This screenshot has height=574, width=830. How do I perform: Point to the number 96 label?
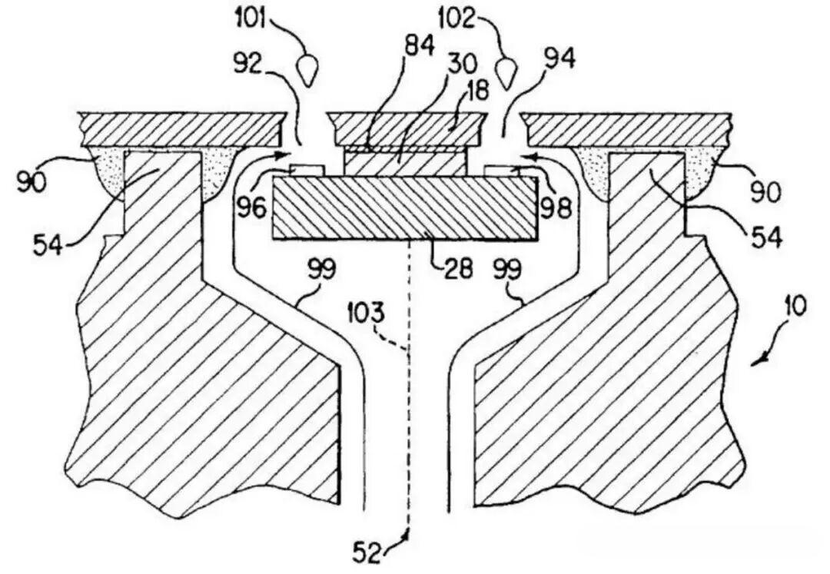point(251,207)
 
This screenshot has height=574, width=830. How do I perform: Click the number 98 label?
point(556,209)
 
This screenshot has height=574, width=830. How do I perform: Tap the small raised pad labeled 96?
point(306,170)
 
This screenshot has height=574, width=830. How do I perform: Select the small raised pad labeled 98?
point(502,170)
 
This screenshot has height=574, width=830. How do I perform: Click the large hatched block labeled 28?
point(404,207)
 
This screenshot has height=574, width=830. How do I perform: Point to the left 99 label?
point(324,270)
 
